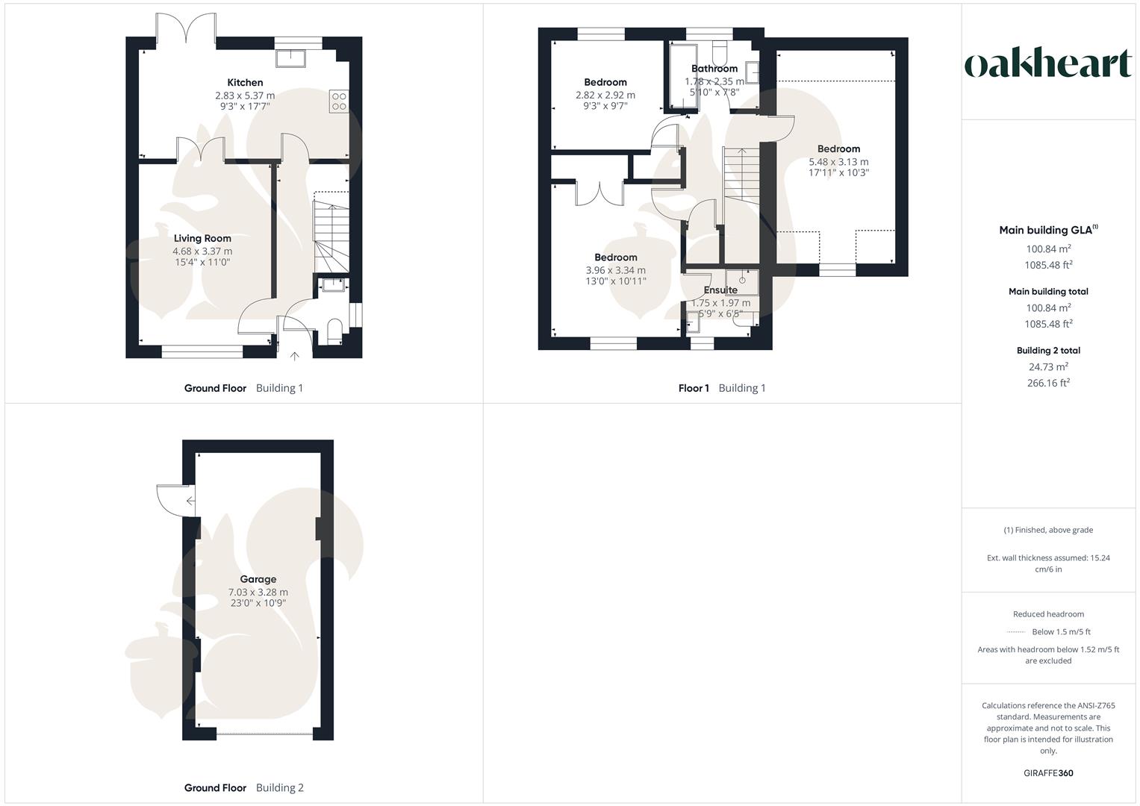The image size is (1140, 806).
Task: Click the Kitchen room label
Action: click(245, 83)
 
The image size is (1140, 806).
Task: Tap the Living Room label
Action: click(202, 239)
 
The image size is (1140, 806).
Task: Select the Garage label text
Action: click(258, 579)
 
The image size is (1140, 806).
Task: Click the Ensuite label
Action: click(720, 290)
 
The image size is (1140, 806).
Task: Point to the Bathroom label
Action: click(714, 69)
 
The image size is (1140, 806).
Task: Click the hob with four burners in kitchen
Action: click(338, 101)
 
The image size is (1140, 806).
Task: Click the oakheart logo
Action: click(1048, 64)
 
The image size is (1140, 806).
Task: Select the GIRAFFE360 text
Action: click(1048, 773)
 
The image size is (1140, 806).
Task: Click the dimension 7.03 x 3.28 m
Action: click(258, 592)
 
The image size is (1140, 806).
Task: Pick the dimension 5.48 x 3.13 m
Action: click(838, 161)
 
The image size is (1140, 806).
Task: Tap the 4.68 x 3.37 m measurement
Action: click(202, 252)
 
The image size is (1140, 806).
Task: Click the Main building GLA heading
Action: click(1045, 231)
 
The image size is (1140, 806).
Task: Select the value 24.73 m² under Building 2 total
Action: click(1048, 366)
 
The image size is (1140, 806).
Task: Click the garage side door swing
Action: click(172, 500)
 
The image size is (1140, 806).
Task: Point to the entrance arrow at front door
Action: click(295, 357)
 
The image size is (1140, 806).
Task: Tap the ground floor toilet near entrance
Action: click(334, 332)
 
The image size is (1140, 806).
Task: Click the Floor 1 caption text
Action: click(694, 388)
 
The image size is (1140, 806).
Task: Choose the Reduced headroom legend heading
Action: click(1048, 614)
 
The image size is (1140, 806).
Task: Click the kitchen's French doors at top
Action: click(186, 26)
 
